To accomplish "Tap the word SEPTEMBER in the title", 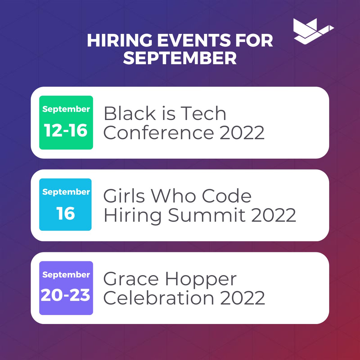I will point(180,58).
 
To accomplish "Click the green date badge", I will point(66,122).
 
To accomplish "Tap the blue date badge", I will point(65,205).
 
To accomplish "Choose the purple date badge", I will point(66,288).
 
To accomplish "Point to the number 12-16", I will point(66,130).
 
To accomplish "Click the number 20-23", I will point(66,295).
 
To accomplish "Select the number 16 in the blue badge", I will point(65,213).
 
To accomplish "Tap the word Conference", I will point(158,133).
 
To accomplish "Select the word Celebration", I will point(159,298).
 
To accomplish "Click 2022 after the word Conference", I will point(242,133).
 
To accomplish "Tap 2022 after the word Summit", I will point(273,215).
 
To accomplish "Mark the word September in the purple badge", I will point(66,274).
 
